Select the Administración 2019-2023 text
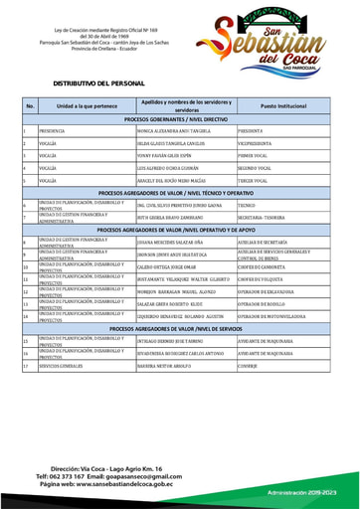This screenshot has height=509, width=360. (x=305, y=491)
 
